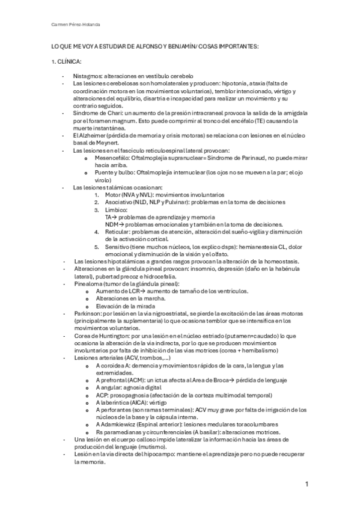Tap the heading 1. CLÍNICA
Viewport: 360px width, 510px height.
(x=66, y=62)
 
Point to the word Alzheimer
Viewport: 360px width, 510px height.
(x=89, y=136)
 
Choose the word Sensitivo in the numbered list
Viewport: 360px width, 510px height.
(x=117, y=247)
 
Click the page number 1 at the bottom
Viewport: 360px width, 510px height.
(x=307, y=484)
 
